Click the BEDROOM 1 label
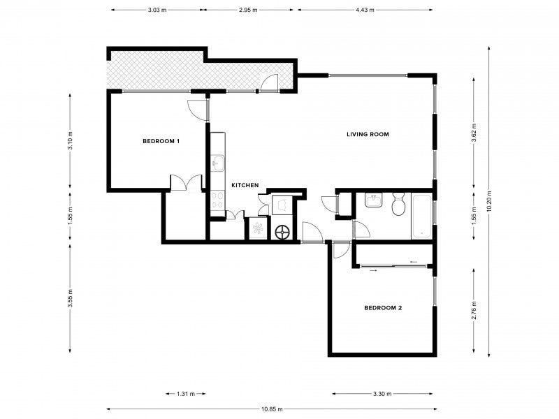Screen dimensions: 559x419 pos(161,141)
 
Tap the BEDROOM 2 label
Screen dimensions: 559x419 pos(383,308)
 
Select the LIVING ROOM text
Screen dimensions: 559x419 pos(368,134)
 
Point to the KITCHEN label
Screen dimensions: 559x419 pos(245,185)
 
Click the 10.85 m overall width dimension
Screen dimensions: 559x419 pos(272,409)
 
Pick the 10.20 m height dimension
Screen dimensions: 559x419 pos(488,201)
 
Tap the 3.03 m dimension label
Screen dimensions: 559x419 pos(157,10)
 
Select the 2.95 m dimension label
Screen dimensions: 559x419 pos(248,10)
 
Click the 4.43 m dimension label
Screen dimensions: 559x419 pos(365,10)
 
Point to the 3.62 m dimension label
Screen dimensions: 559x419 pos(474,133)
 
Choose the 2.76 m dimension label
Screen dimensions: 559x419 pos(474,310)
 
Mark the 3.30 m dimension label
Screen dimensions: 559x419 pos(382,394)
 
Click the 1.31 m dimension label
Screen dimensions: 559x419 pos(186,394)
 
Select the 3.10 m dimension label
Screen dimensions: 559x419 pos(70,141)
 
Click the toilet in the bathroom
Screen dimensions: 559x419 pos(398,204)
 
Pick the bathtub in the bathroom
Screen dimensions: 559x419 pos(422,216)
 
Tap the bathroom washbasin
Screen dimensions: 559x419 pos(373,200)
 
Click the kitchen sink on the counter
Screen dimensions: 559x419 pos(217,163)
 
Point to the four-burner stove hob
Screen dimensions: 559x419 pos(217,200)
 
